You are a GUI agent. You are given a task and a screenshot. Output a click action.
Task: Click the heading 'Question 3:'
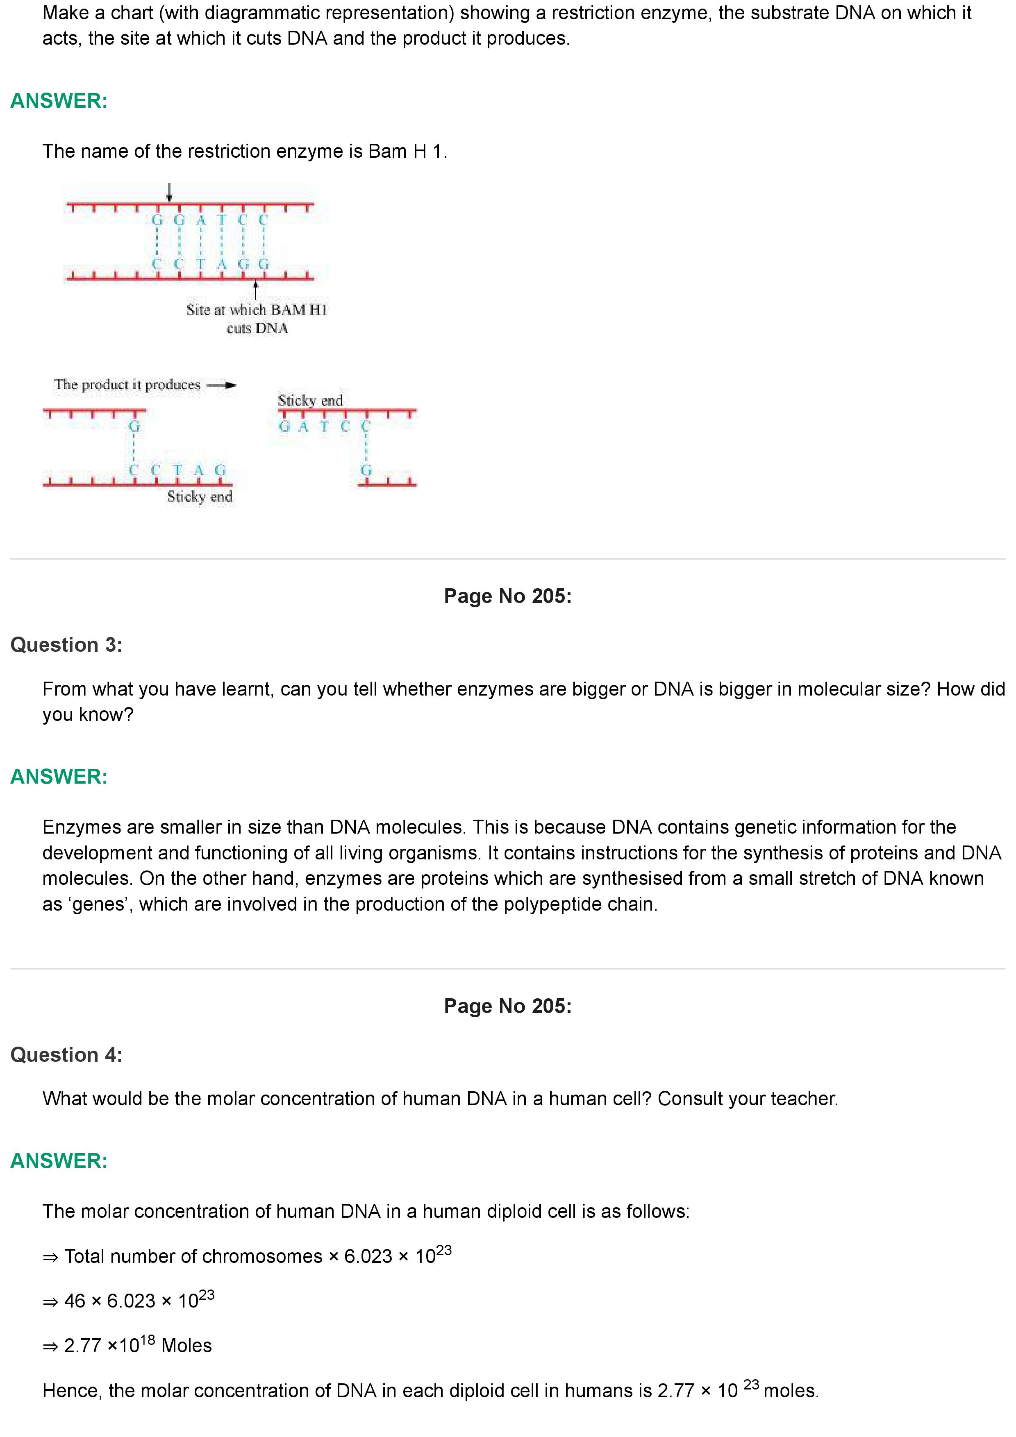(66, 645)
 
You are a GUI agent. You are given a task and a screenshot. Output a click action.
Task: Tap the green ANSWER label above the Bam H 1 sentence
(59, 101)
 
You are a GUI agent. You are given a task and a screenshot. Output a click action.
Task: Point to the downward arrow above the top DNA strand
(169, 193)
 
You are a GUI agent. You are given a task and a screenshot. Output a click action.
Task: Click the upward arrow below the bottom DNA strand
(255, 290)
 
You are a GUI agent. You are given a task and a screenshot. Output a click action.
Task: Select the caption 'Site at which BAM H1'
(257, 310)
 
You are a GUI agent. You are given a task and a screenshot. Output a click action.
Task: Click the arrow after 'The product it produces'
(222, 385)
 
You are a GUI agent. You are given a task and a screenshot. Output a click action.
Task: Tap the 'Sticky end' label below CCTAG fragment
(200, 497)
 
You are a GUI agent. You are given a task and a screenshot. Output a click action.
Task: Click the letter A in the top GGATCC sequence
(200, 220)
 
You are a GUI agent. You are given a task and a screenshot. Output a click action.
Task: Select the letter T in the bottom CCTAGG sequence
(200, 264)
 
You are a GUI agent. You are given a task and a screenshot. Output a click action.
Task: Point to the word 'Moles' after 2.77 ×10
(186, 1346)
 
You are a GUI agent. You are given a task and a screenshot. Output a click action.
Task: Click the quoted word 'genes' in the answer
(99, 904)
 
